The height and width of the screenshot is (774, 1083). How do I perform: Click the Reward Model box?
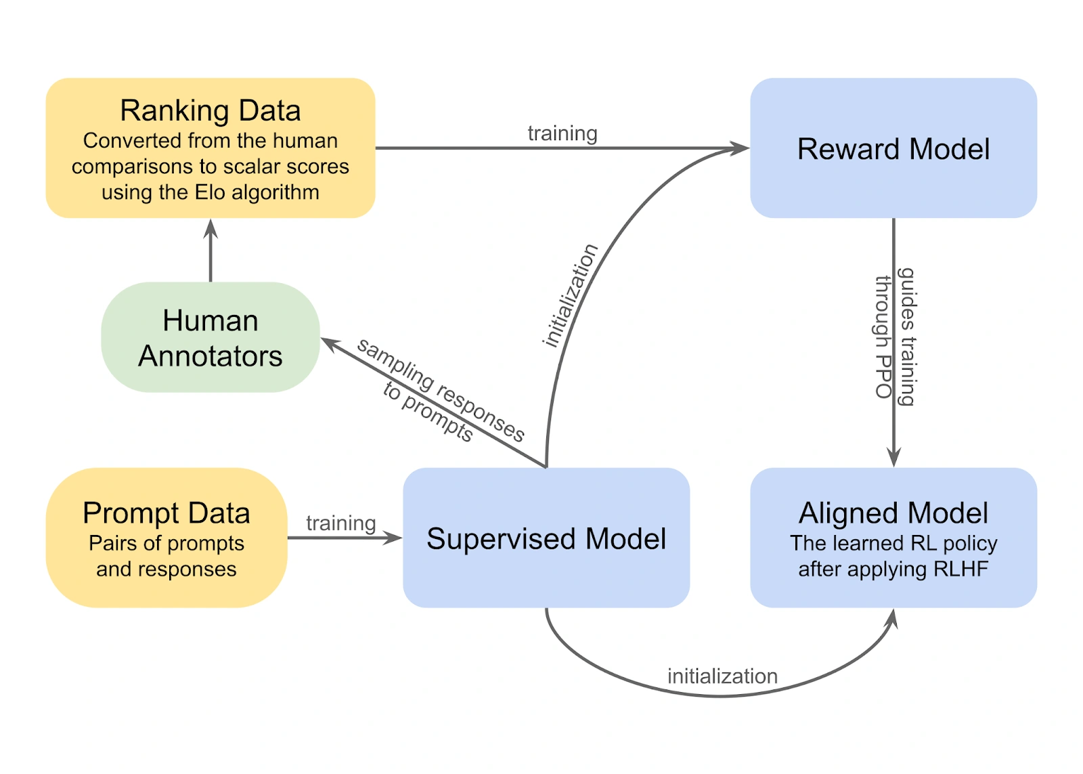click(x=893, y=148)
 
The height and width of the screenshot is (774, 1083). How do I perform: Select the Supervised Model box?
click(x=546, y=538)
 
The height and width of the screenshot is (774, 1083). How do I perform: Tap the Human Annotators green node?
click(x=210, y=338)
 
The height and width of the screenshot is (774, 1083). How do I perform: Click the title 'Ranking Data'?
click(x=210, y=110)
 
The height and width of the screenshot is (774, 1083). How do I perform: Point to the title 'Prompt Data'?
click(x=166, y=513)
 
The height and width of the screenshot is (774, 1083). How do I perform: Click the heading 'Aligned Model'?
click(x=893, y=513)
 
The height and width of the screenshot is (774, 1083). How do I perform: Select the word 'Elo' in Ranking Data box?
click(x=210, y=192)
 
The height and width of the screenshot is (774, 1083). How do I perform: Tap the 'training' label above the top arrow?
click(x=562, y=133)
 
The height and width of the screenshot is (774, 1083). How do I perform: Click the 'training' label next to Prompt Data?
click(x=340, y=523)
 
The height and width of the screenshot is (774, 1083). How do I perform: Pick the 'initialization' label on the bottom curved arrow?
click(x=722, y=676)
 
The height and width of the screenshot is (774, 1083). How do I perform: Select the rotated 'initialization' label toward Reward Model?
click(x=570, y=295)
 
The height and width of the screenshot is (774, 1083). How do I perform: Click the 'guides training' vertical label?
click(x=907, y=337)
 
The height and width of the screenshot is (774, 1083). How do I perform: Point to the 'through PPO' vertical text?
click(x=883, y=337)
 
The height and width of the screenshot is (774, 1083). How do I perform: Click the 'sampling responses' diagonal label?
click(x=441, y=390)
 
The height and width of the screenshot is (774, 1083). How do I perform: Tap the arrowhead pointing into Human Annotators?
click(x=328, y=343)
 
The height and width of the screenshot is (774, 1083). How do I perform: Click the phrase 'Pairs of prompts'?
click(x=166, y=543)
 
